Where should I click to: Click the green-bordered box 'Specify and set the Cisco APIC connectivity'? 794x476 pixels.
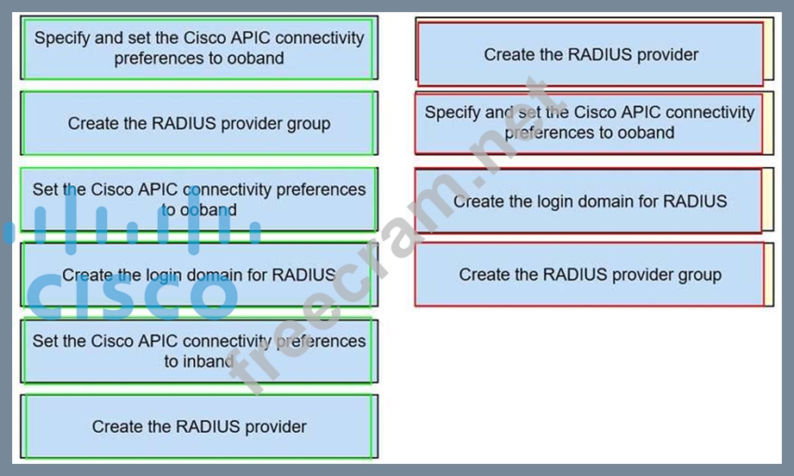pyautogui.click(x=199, y=48)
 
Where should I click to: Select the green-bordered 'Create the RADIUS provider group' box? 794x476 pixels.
pyautogui.click(x=199, y=123)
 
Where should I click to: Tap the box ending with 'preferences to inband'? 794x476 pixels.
pyautogui.click(x=199, y=351)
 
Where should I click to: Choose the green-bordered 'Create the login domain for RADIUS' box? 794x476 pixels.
pyautogui.click(x=199, y=275)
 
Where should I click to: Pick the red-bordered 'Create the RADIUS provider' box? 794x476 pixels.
pyautogui.click(x=591, y=54)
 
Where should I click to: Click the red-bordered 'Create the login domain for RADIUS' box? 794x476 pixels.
pyautogui.click(x=591, y=201)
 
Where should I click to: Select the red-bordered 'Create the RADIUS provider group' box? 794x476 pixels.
pyautogui.click(x=591, y=275)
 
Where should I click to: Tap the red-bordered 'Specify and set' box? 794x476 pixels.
pyautogui.click(x=591, y=122)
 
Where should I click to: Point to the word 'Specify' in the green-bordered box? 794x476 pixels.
pyautogui.click(x=61, y=39)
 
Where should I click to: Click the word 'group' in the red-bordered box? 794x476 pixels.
pyautogui.click(x=699, y=275)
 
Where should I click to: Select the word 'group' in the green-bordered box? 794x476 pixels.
pyautogui.click(x=308, y=123)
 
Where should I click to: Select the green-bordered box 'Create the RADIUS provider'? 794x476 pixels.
pyautogui.click(x=199, y=426)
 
